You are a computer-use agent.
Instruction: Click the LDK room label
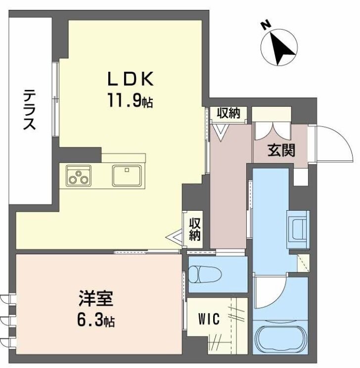tap(132, 79)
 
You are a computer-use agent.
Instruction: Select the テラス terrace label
tap(30, 110)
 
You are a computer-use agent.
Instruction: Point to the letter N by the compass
tap(266, 24)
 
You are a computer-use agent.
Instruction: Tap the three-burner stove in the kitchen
tap(79, 176)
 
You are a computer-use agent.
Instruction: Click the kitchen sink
tap(127, 175)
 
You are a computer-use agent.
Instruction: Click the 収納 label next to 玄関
tap(227, 113)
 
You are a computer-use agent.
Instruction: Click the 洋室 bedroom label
tap(95, 300)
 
